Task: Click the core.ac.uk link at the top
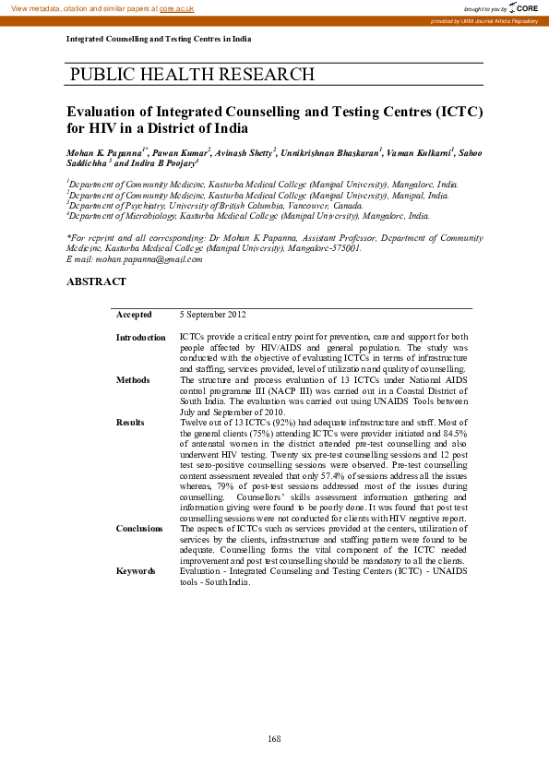click(x=177, y=7)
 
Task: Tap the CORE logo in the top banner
click(x=524, y=7)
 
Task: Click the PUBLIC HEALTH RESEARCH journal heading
click(x=192, y=75)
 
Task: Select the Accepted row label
click(x=135, y=315)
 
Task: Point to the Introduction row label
click(x=140, y=338)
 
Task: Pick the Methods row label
click(x=133, y=379)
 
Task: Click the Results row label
click(x=130, y=422)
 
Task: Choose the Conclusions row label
click(x=139, y=528)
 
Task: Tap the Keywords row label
click(x=136, y=571)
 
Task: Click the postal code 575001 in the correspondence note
click(x=345, y=248)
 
